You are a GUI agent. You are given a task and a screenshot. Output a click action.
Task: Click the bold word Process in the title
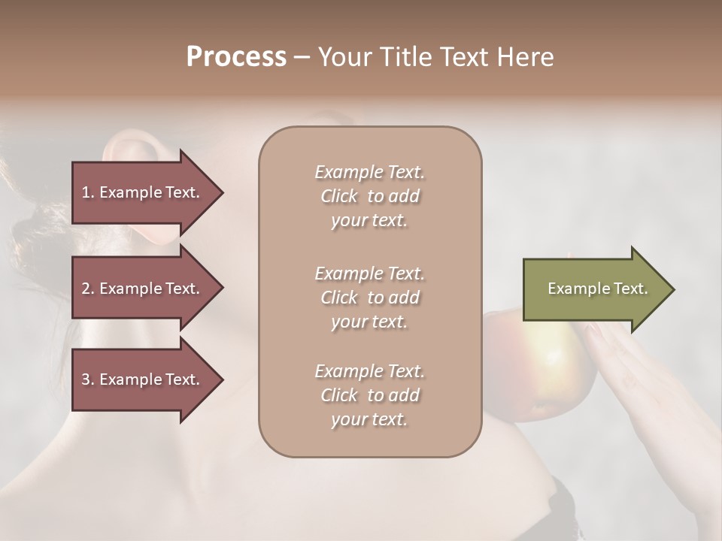[x=236, y=57]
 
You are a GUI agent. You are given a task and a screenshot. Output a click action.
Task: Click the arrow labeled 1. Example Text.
[x=143, y=193]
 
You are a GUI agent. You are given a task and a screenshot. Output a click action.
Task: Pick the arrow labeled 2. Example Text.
[x=143, y=289]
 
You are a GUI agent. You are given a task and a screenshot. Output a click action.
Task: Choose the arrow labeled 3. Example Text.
[x=143, y=380]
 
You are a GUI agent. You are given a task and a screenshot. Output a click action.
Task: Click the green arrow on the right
[x=594, y=289]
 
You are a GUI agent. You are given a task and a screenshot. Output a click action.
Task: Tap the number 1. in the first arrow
[x=87, y=193]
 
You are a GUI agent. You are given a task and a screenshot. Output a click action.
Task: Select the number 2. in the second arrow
[x=87, y=289]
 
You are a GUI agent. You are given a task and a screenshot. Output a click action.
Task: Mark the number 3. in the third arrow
[x=87, y=380]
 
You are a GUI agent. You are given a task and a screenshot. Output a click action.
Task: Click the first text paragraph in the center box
[x=369, y=196]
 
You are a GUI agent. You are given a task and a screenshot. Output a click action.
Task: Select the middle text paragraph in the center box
[x=369, y=298]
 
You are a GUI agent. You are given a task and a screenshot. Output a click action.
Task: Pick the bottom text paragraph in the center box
[x=369, y=395]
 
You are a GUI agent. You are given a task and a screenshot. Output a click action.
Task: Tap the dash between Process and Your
[x=302, y=58]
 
